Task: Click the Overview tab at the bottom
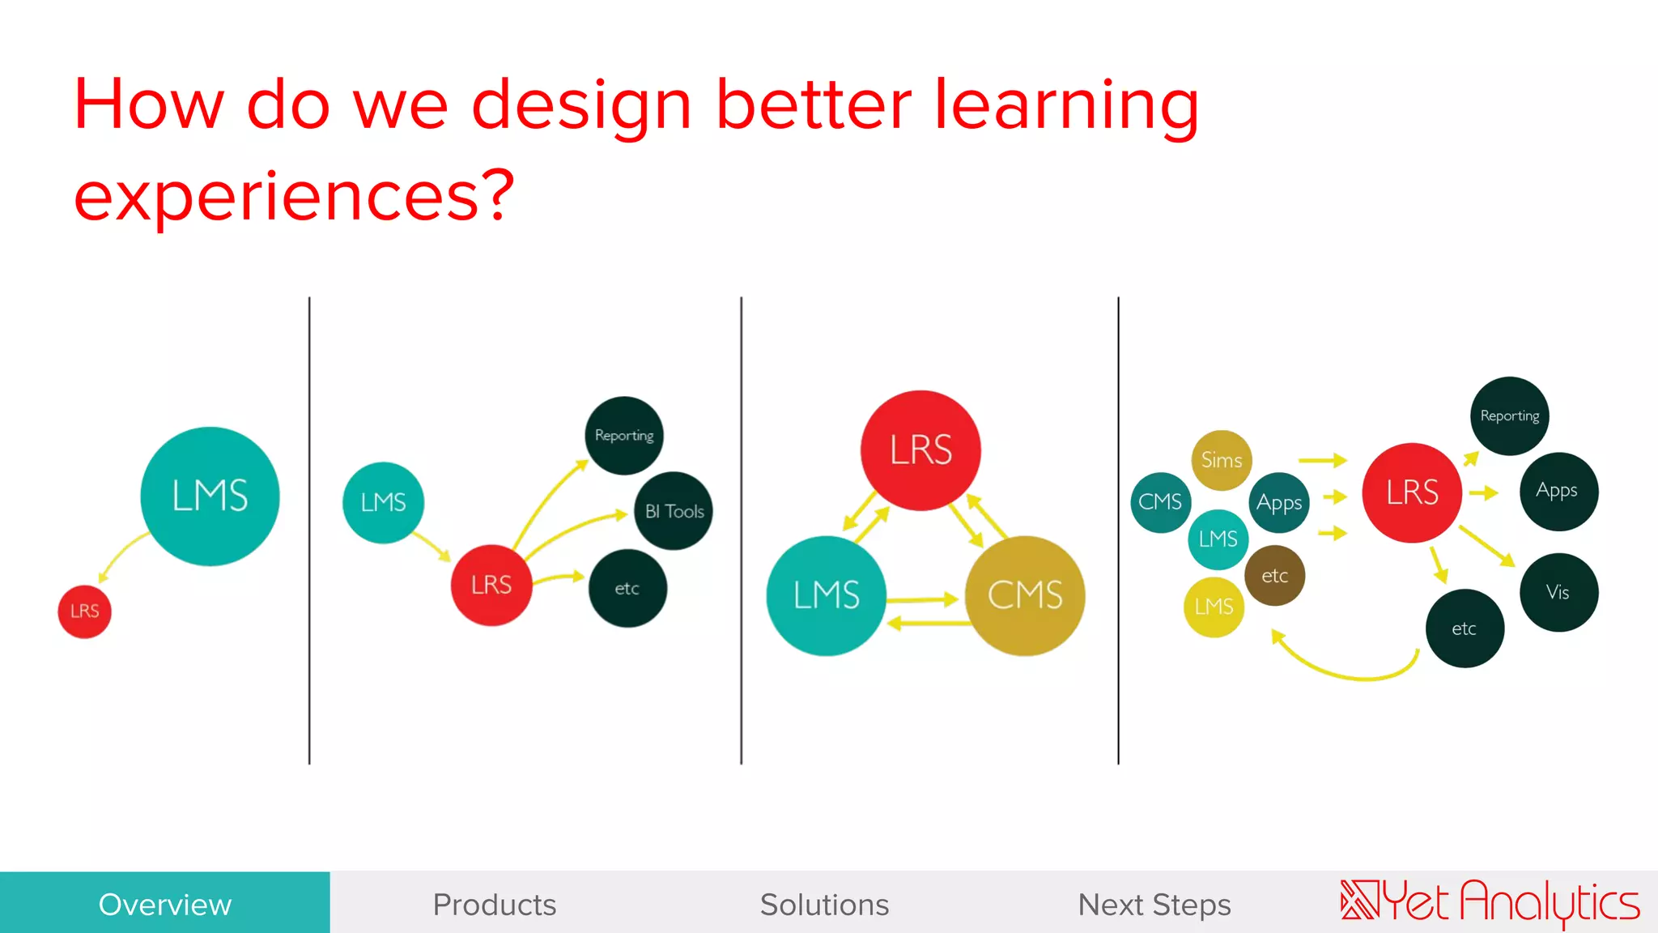165,904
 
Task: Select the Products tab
495,904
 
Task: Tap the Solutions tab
824,904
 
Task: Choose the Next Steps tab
1154,904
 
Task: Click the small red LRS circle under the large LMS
84,611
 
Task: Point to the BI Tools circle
674,511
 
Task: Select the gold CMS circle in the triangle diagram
1025,595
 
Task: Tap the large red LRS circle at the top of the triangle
920,450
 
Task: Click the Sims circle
1222,460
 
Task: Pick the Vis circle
1558,592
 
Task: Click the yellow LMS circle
1214,607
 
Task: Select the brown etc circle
1275,576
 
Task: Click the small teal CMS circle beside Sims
1160,502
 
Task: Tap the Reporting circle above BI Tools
624,436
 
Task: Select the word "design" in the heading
581,105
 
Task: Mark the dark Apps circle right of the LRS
1558,491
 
